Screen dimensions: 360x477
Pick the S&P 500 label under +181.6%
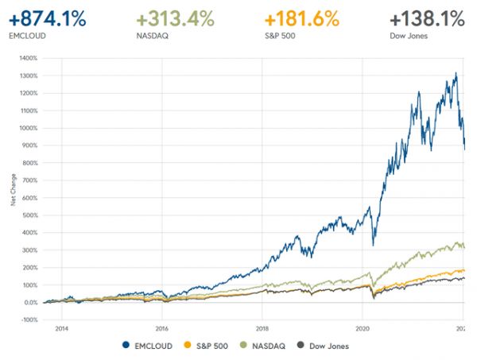(x=280, y=36)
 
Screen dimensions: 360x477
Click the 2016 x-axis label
(x=162, y=327)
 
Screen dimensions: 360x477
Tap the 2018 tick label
(x=262, y=327)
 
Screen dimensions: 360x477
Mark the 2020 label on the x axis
(x=363, y=327)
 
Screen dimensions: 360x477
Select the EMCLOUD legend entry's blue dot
(x=126, y=346)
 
